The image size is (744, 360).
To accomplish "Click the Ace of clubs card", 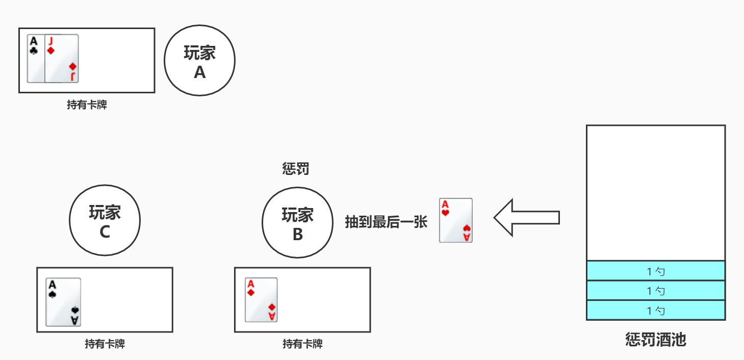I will click(35, 58).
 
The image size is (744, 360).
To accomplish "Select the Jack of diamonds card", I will click(62, 58).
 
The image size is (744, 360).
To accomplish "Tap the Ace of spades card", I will click(63, 302).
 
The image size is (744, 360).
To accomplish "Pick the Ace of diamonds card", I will click(261, 300).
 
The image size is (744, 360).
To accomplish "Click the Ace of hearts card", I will click(456, 220).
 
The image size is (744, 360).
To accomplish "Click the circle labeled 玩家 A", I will click(199, 61).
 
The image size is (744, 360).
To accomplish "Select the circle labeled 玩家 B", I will click(297, 223).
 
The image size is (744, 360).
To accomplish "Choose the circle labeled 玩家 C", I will click(105, 221).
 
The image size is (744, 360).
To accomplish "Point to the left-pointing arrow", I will click(526, 218).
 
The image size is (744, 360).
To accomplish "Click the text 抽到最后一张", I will click(386, 222).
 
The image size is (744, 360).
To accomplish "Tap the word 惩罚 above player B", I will click(296, 169).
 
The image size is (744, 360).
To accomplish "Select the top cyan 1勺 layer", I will click(656, 271).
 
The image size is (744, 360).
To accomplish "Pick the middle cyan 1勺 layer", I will click(656, 291).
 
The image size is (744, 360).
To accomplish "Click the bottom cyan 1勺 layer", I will click(656, 310).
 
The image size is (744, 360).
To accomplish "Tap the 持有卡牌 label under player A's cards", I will click(87, 106).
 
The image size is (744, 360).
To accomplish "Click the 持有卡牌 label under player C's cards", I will click(105, 344).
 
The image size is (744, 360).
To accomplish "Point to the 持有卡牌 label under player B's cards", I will click(302, 344).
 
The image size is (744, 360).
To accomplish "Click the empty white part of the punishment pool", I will click(656, 193).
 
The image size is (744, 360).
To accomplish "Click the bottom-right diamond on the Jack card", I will click(73, 67).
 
